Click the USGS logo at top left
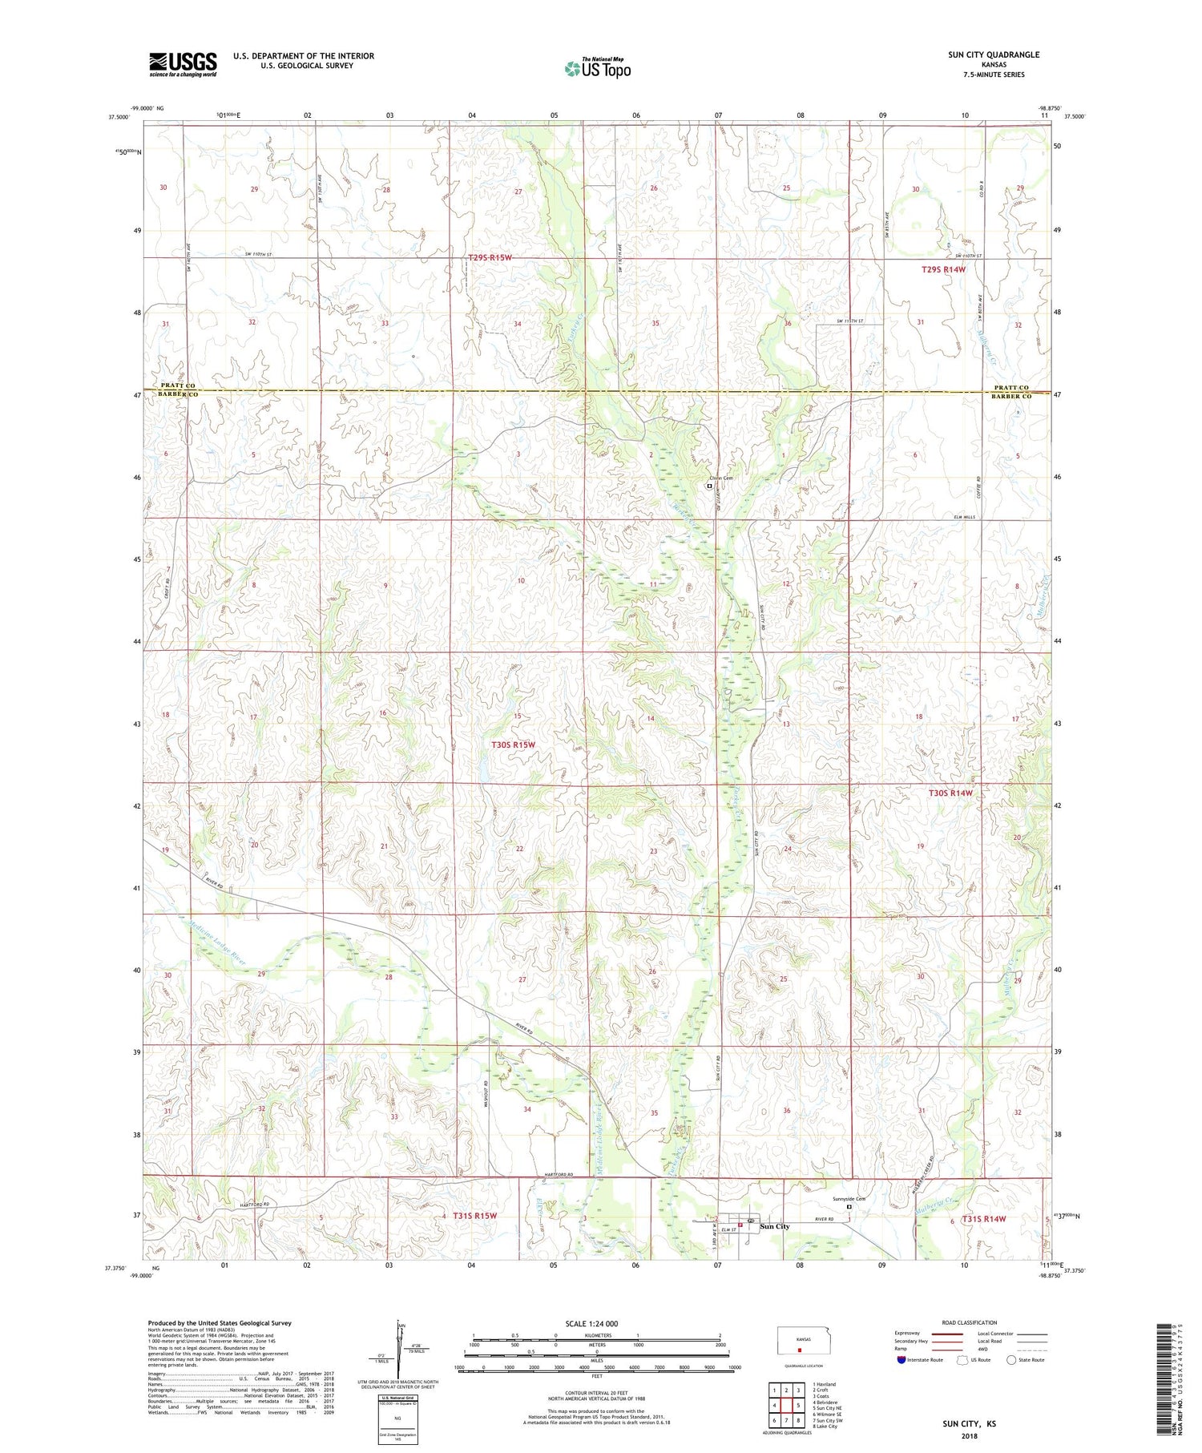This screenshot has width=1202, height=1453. point(183,64)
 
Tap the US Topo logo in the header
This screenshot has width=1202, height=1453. point(598,69)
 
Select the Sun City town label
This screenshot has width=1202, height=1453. point(774,1226)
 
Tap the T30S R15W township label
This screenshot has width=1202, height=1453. point(512,745)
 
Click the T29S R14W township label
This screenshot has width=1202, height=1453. point(943,270)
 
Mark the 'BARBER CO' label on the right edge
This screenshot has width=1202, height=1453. point(1010,396)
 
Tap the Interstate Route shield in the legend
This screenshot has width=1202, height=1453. point(901,1360)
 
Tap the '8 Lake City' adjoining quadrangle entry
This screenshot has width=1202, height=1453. point(826,1427)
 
